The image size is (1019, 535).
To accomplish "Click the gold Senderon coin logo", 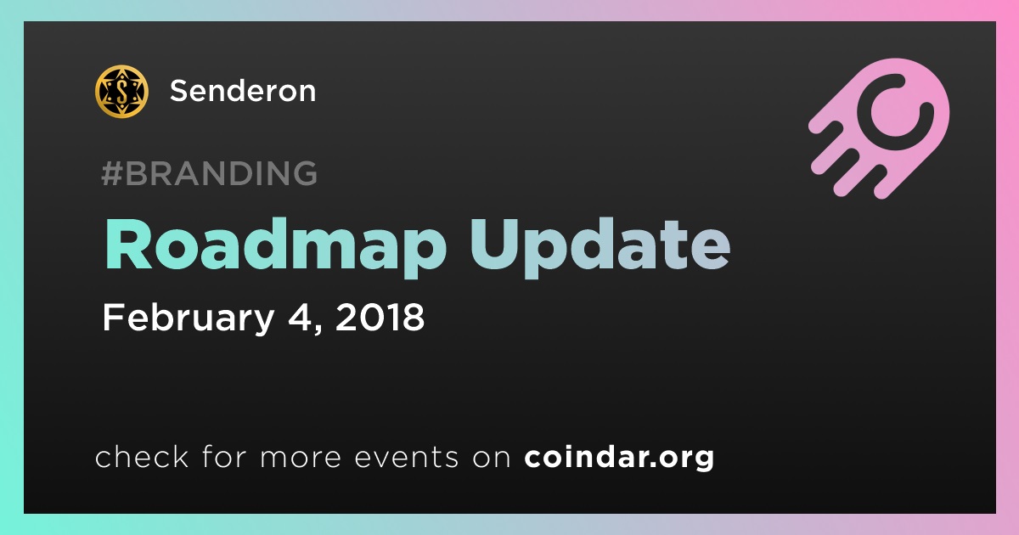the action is coord(121,92).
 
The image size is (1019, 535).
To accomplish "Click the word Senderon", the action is coord(243,91).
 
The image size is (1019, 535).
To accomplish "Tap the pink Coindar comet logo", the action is coord(879,128).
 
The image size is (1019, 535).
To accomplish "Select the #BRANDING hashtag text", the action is coord(209,173).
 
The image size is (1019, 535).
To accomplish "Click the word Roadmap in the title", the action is coord(276,247).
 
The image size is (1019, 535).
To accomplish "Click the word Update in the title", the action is coord(600,247).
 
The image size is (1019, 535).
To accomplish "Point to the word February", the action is coord(189,318).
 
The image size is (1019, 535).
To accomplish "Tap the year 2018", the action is coord(380,317).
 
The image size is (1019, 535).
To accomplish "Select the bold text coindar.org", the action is coord(619,458).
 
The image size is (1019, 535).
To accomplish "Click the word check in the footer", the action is coord(142,456).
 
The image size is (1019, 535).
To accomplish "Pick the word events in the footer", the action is coord(406,457).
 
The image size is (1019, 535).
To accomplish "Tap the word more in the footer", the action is coord(301,459).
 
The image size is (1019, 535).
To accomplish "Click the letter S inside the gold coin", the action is coord(121,92).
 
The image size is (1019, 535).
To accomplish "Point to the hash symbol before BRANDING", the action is coord(112,173).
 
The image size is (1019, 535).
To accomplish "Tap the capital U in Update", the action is coord(496,245).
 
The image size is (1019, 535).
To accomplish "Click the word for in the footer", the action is coord(224,456).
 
